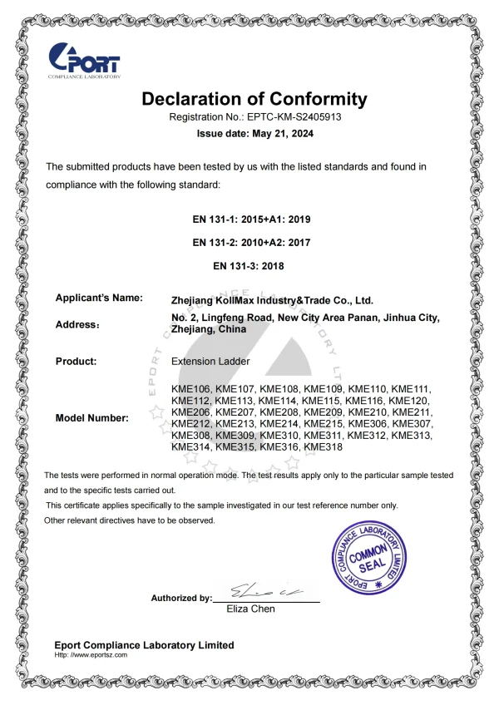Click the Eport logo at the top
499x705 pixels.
tap(85, 60)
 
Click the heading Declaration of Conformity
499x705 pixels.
tap(254, 99)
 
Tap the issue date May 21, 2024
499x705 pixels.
tap(255, 133)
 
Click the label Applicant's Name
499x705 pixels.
tap(99, 298)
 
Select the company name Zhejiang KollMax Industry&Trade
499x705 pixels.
tap(271, 300)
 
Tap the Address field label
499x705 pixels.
tap(77, 324)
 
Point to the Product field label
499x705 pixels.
tap(76, 362)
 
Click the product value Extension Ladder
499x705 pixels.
tap(210, 362)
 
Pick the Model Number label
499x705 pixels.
tap(91, 418)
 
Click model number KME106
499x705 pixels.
tap(190, 389)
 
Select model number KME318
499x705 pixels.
tap(324, 447)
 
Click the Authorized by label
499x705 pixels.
tap(181, 598)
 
